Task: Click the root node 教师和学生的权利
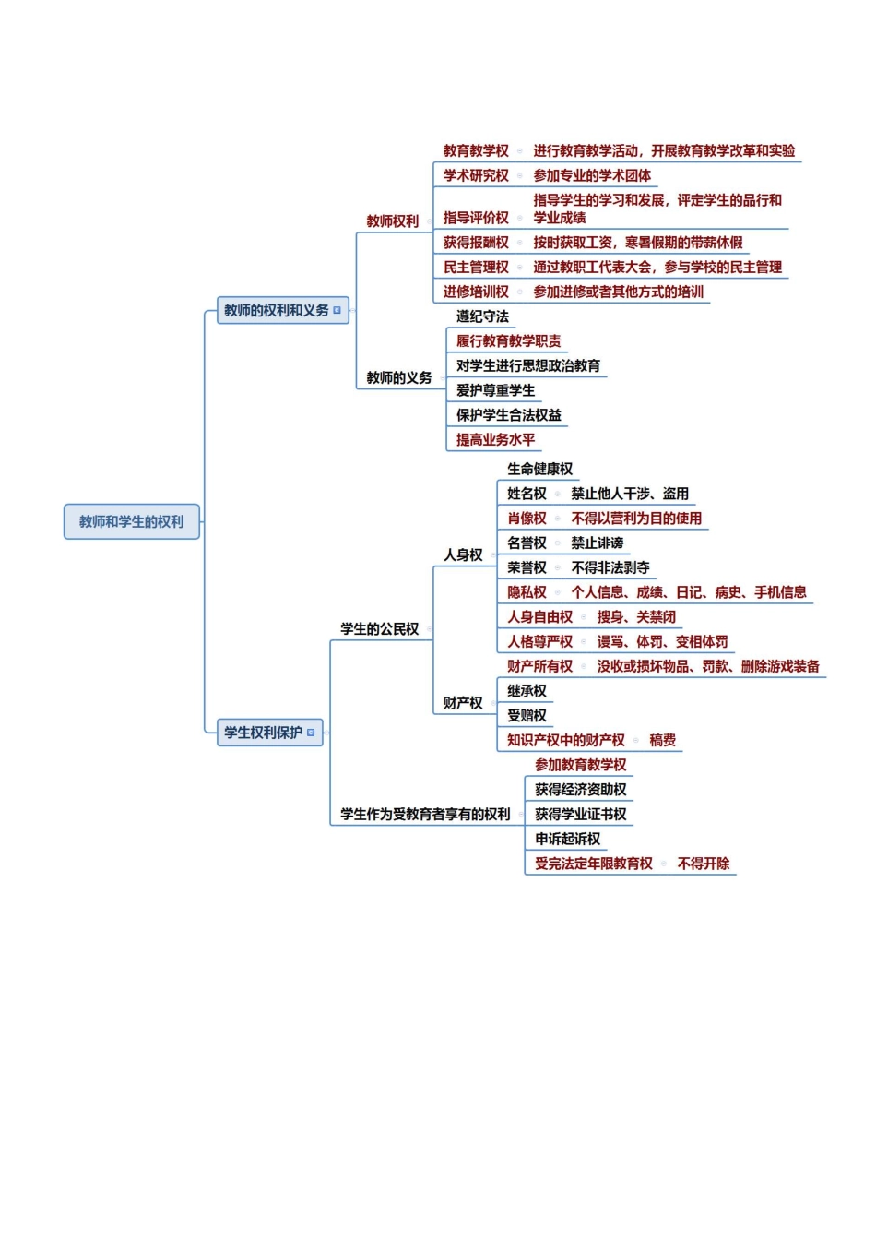(x=131, y=521)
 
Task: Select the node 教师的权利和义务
(x=276, y=311)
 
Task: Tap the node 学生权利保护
(x=263, y=733)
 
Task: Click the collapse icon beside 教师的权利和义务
(x=337, y=311)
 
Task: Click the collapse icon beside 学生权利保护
(x=311, y=733)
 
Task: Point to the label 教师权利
(x=392, y=221)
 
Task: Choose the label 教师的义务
(x=398, y=377)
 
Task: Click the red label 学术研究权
(x=476, y=175)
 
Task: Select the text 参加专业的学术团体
(x=592, y=175)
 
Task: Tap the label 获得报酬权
(x=476, y=243)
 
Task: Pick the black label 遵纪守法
(x=482, y=316)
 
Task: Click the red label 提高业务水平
(x=495, y=440)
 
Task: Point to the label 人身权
(x=463, y=554)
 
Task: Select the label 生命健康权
(x=539, y=469)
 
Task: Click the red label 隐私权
(x=527, y=592)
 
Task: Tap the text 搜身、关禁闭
(x=636, y=616)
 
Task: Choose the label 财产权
(x=463, y=703)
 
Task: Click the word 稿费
(x=662, y=740)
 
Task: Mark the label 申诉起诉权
(x=567, y=839)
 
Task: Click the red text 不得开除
(x=703, y=864)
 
